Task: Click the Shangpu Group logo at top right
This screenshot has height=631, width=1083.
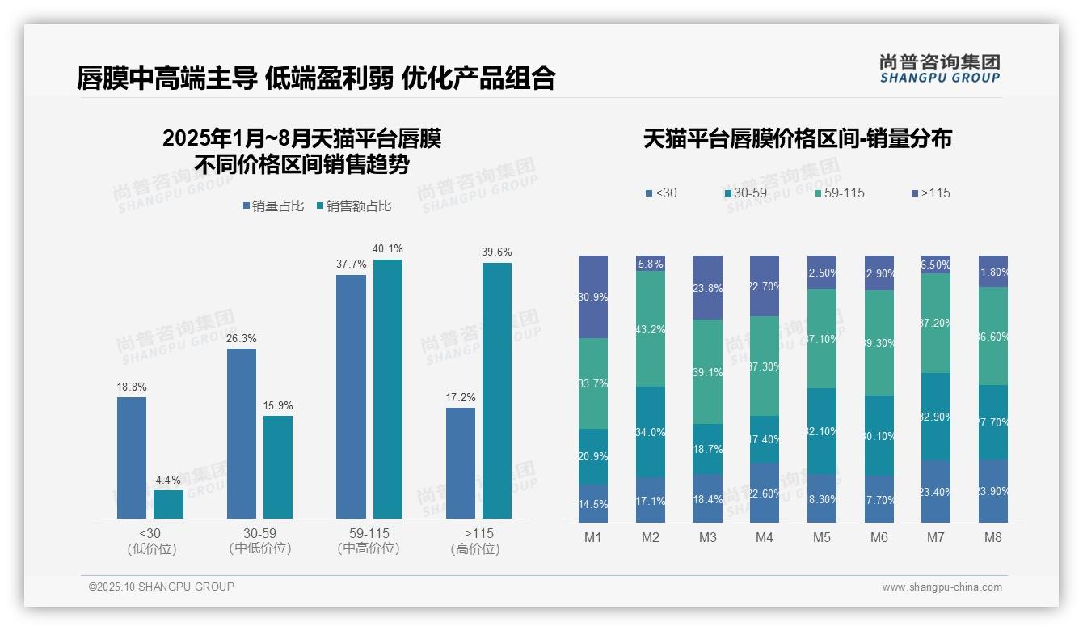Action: pos(939,69)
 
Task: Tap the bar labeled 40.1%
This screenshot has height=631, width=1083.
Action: pos(387,388)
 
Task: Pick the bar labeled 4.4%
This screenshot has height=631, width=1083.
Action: pos(168,504)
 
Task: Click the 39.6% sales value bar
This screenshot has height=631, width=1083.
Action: pos(496,390)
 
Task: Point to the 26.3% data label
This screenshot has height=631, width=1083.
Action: pos(241,338)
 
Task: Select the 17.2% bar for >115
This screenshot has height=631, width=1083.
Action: pos(461,463)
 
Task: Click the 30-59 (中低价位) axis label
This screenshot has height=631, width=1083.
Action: pos(259,541)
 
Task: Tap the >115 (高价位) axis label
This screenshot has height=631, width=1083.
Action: pos(478,541)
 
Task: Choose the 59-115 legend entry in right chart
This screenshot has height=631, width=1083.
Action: pos(840,193)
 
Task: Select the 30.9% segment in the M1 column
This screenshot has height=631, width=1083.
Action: pos(592,297)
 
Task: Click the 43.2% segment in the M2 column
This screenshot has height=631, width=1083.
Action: pos(650,328)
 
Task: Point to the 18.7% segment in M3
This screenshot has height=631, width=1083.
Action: pos(707,449)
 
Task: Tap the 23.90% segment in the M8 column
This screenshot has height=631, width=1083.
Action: pos(992,491)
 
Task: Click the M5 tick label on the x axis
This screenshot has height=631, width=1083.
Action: pos(821,537)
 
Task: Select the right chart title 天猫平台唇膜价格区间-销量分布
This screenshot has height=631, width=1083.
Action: pos(797,138)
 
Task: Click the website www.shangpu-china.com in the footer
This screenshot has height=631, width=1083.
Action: pos(942,587)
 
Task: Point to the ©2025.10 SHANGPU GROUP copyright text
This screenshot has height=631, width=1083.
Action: pos(162,587)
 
